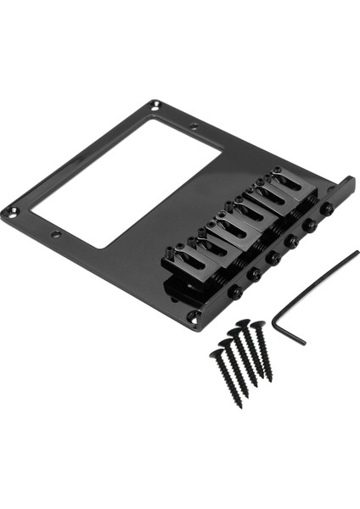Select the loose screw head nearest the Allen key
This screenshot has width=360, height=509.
click(x=257, y=325)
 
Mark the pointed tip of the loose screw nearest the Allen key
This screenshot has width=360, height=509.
click(x=273, y=379)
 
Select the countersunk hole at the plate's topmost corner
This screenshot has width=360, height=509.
click(x=155, y=106)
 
